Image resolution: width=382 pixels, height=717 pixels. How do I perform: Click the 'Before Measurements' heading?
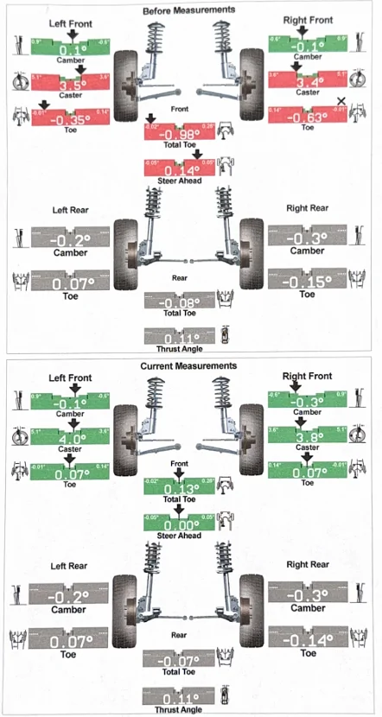(188, 10)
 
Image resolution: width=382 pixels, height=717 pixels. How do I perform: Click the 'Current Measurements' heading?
(188, 367)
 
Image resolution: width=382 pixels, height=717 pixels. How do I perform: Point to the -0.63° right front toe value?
(309, 118)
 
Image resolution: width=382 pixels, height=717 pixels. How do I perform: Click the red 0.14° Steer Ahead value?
(180, 170)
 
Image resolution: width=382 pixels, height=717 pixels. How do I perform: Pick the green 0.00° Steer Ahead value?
(180, 523)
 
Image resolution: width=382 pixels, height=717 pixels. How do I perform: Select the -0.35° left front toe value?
(73, 120)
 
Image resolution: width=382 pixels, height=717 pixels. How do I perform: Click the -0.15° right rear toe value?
(307, 282)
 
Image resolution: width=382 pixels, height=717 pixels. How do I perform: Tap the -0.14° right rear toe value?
(307, 639)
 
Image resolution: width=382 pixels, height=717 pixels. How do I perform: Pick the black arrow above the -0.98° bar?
(152, 118)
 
